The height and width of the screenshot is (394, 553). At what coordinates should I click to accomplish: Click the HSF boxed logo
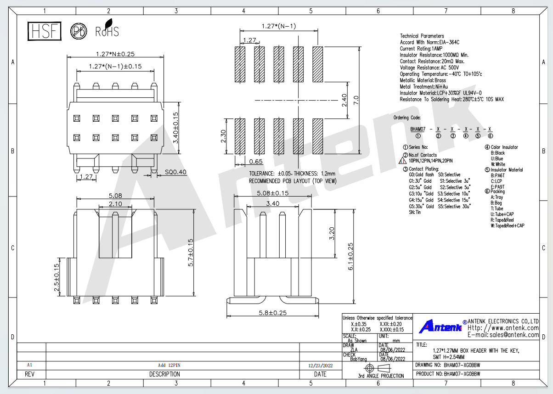(45, 31)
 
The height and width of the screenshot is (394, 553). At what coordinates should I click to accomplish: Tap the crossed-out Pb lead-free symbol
(79, 31)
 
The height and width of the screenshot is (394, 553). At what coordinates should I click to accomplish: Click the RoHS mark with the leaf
(107, 28)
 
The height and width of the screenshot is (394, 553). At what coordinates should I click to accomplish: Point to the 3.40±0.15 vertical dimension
(175, 128)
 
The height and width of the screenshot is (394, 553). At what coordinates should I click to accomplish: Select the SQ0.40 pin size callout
(175, 172)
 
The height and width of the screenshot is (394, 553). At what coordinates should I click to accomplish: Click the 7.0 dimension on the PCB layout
(356, 100)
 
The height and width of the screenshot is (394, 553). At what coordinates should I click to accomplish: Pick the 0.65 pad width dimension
(256, 162)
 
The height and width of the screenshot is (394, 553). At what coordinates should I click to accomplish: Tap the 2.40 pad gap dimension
(344, 100)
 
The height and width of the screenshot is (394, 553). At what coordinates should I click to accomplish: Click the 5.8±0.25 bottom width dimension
(272, 313)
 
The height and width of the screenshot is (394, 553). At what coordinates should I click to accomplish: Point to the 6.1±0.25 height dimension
(350, 257)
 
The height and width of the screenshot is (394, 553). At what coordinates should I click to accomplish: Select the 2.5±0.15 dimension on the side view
(56, 277)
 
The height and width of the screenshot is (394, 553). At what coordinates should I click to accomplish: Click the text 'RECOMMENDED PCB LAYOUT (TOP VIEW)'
(293, 181)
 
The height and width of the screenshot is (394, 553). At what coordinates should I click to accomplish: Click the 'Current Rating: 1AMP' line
(421, 49)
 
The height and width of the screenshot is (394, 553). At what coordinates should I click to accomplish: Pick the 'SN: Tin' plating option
(415, 212)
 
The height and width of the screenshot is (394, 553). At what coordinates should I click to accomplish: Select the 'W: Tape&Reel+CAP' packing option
(508, 225)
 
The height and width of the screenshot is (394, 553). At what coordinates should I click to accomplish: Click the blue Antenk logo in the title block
(440, 326)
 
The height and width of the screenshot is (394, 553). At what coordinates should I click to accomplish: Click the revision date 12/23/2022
(321, 366)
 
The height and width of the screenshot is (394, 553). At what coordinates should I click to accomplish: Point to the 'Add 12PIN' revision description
(169, 365)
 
